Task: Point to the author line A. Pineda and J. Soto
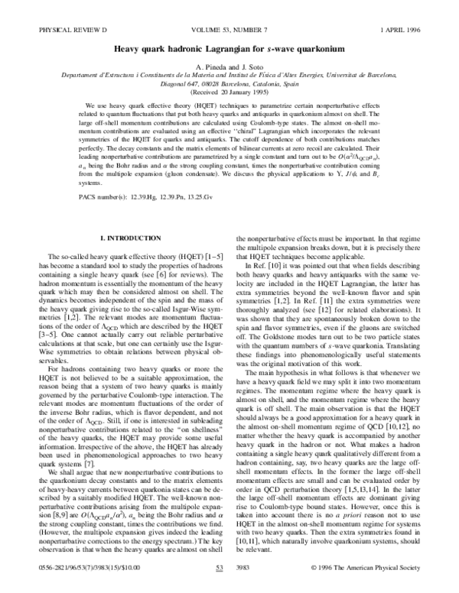click(x=229, y=46)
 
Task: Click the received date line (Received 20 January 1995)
click(x=229, y=76)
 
